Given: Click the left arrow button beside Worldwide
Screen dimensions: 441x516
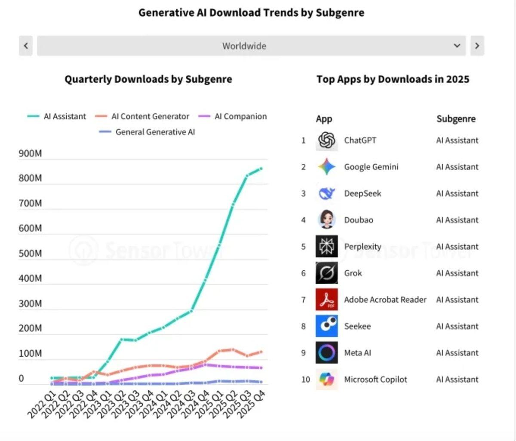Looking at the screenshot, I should tap(26, 46).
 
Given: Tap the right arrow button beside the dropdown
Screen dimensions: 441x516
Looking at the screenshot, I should tap(477, 46).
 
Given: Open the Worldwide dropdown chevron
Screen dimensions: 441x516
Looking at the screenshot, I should tap(457, 46).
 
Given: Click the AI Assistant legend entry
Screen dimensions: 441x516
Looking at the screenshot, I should tap(57, 116).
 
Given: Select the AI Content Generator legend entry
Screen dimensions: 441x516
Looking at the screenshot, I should tap(142, 116).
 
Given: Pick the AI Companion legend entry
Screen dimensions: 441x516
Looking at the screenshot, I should tap(233, 116).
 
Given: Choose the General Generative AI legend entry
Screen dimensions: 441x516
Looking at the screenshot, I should tap(147, 132).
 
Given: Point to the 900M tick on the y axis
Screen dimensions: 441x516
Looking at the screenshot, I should tap(30, 153).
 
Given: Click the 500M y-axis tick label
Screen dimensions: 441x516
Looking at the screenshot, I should tap(30, 253).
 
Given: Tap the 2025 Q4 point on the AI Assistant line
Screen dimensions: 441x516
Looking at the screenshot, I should tap(261, 168).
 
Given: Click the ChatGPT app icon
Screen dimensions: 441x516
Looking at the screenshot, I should tap(327, 140).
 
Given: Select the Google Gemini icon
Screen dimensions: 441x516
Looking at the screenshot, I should tap(327, 167).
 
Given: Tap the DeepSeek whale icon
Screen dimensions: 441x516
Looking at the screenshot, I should tap(327, 193).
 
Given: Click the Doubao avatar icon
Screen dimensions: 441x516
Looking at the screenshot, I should tap(327, 220).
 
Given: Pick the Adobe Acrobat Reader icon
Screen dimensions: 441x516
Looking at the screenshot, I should tap(327, 300).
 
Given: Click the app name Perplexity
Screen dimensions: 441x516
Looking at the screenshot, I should tap(362, 247).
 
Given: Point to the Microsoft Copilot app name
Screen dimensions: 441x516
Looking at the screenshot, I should tap(375, 380).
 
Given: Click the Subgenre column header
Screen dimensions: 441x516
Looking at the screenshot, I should tap(456, 119).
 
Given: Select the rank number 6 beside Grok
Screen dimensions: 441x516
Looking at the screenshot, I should tap(304, 273).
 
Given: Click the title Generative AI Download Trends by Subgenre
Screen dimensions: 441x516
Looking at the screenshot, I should tap(251, 12).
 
